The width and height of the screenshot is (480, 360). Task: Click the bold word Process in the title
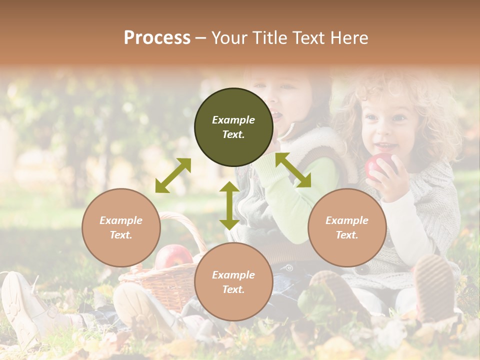[x=157, y=38]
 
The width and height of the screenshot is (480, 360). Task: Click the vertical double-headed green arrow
[x=229, y=205]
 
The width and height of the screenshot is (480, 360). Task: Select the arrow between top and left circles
[x=173, y=175]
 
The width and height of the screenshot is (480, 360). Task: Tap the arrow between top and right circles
[x=293, y=170]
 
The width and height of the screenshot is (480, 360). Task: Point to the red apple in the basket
[x=172, y=256]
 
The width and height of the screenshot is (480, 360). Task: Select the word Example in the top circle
[x=233, y=120]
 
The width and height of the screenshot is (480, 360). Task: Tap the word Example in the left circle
[x=121, y=220]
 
